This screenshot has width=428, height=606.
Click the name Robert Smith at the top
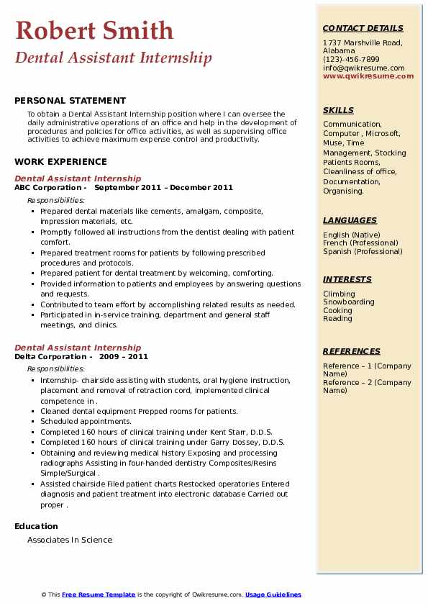click(x=94, y=30)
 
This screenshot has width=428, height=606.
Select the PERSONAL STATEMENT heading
click(x=70, y=101)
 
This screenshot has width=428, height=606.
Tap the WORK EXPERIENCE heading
click(x=60, y=162)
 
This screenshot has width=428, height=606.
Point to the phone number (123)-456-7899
click(x=351, y=60)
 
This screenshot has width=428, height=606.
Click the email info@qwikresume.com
click(x=363, y=68)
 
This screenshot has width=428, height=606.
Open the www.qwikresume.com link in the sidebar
click(x=368, y=76)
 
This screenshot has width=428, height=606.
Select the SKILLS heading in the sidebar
click(x=338, y=111)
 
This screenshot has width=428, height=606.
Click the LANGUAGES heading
click(x=350, y=221)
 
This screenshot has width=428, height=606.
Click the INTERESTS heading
click(x=347, y=280)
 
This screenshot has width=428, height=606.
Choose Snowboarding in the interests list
click(x=349, y=302)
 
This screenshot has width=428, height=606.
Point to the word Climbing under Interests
click(x=339, y=294)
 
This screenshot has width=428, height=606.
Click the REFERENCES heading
click(x=352, y=352)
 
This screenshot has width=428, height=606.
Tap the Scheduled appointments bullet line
click(x=86, y=422)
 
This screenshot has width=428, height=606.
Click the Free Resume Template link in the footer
click(x=99, y=594)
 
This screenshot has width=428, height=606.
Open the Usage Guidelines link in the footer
click(x=273, y=594)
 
